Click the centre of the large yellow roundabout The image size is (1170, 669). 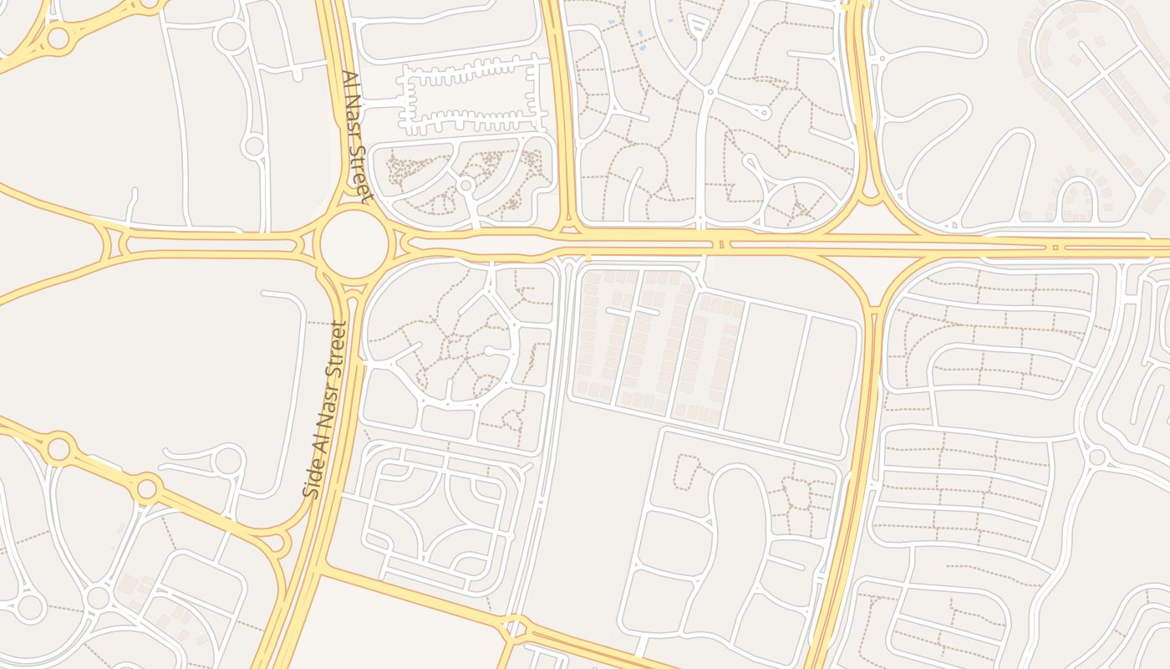pyautogui.click(x=354, y=244)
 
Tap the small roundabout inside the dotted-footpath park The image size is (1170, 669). pyautogui.click(x=466, y=185)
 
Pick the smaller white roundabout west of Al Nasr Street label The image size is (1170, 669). pyautogui.click(x=254, y=147)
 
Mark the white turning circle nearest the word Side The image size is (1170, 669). pyautogui.click(x=227, y=460)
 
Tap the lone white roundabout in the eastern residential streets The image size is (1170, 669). pyautogui.click(x=1096, y=457)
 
